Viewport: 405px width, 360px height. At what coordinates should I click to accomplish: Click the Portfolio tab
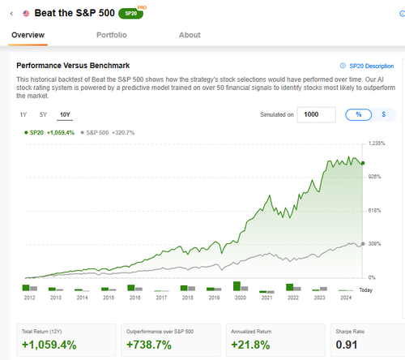tap(112, 35)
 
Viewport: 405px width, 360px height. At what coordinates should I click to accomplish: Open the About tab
tap(190, 35)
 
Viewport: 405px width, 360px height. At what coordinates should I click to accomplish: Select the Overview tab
tap(28, 35)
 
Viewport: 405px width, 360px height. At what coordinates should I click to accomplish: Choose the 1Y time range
tap(23, 114)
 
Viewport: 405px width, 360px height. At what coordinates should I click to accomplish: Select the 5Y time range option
tap(43, 114)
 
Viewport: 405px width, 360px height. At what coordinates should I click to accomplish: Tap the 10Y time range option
tap(65, 114)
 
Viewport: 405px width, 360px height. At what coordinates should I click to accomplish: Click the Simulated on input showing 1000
tap(317, 114)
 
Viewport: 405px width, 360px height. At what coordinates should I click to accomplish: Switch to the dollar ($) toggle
tap(384, 114)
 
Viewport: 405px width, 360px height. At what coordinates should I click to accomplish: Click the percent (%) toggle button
tap(358, 114)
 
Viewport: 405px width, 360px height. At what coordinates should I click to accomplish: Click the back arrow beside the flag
tap(11, 14)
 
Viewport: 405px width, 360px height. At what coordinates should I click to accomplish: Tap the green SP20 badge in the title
tap(131, 14)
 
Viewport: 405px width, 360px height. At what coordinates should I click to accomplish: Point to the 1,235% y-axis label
tap(377, 144)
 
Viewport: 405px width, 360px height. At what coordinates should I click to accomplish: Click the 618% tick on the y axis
tap(374, 211)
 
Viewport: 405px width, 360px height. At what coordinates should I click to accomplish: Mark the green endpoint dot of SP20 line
tap(363, 163)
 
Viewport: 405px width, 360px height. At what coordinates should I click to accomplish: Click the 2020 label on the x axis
tap(241, 298)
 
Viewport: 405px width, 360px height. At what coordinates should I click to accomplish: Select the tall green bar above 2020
tap(237, 286)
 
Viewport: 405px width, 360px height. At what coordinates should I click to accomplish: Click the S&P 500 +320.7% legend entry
tap(108, 133)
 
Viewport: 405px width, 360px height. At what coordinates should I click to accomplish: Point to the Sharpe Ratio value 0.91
tap(347, 345)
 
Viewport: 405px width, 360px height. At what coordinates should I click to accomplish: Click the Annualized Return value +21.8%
tap(250, 345)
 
